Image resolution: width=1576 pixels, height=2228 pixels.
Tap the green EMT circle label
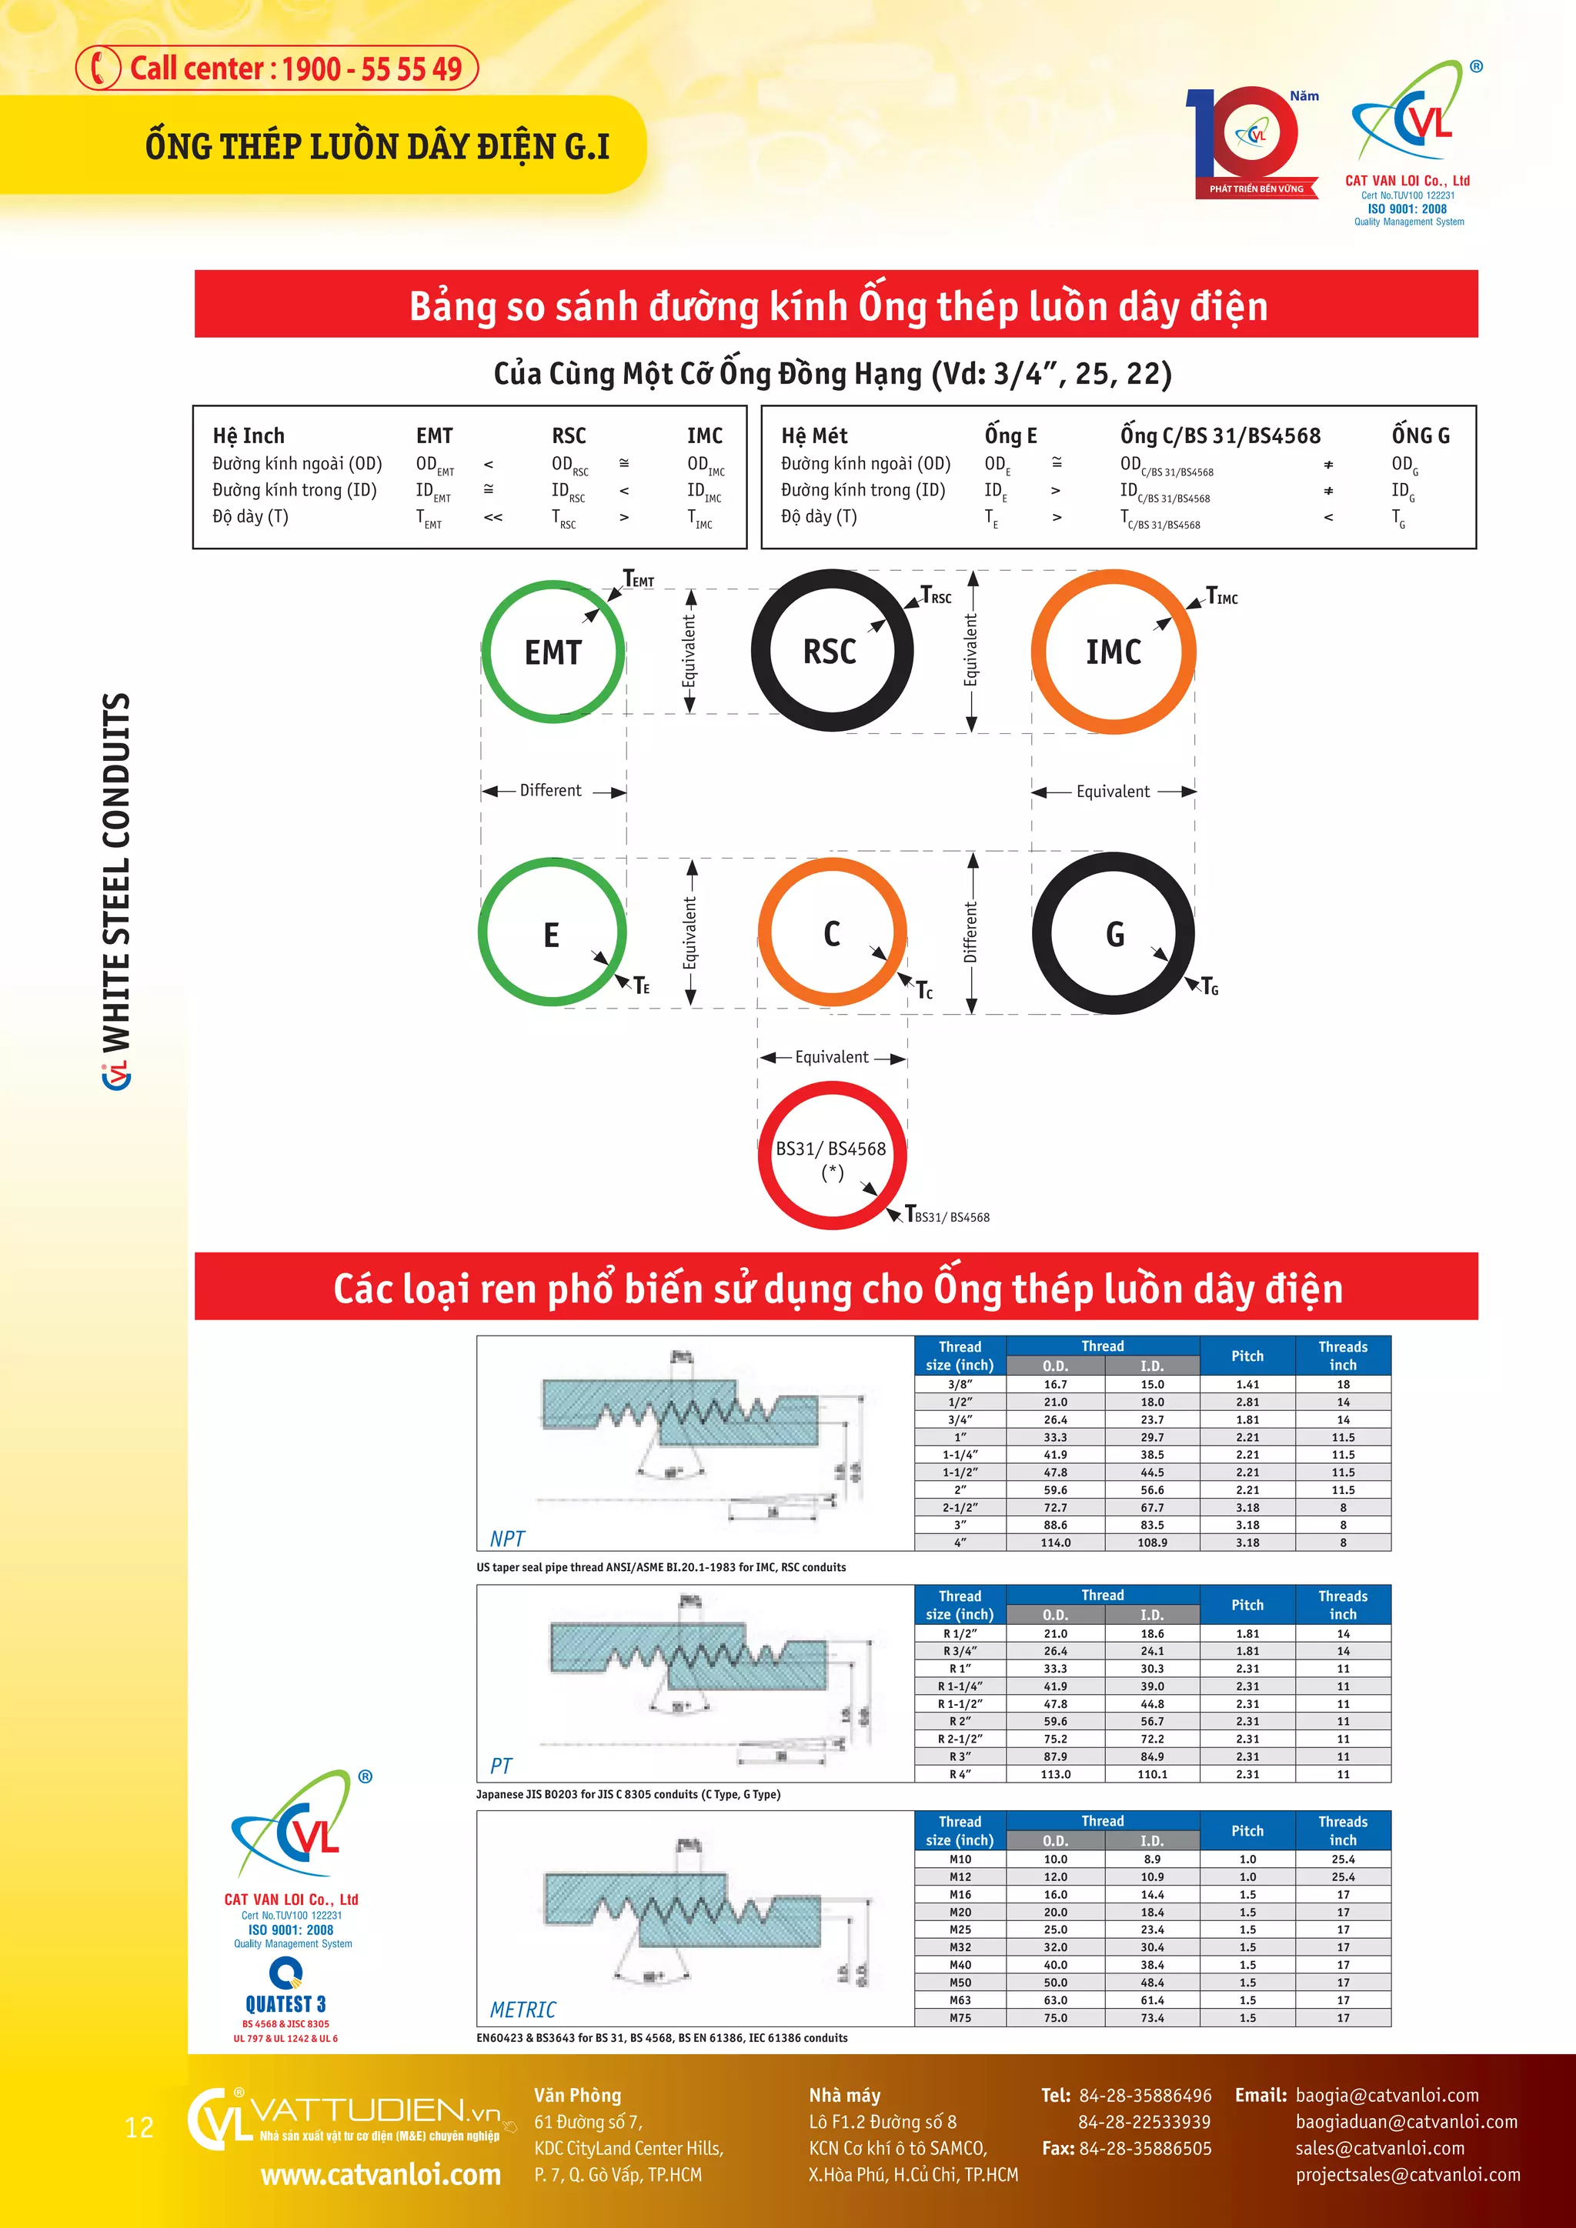coord(553,653)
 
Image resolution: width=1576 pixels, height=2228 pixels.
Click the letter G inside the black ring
coord(1115,935)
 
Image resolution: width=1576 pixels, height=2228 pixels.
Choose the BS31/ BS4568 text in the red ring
coord(830,1149)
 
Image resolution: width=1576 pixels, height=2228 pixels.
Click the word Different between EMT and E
coord(550,791)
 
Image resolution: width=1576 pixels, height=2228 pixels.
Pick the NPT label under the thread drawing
coord(506,1539)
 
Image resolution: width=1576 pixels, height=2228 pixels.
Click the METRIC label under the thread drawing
coord(523,2010)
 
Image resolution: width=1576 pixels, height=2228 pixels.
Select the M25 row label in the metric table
coord(960,1930)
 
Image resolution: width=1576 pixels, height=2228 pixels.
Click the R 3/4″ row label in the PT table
coord(960,1652)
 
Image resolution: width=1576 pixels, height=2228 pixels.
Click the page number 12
coord(140,2128)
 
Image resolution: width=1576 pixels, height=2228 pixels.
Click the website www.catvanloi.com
coord(380,2175)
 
